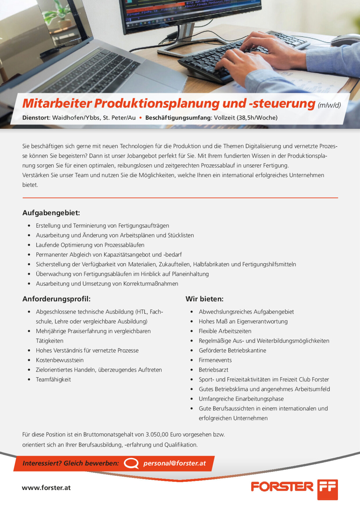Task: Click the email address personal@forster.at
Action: point(174,463)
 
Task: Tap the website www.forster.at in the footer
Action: point(46,488)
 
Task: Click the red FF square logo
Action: point(327,490)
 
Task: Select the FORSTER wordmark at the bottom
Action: point(282,487)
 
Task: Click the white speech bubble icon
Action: point(131,463)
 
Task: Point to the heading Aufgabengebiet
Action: point(51,213)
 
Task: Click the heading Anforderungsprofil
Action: point(57,299)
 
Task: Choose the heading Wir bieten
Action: point(205,299)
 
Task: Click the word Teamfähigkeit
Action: point(53,379)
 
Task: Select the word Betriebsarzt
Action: point(213,370)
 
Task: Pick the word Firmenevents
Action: point(215,360)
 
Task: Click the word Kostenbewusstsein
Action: point(60,360)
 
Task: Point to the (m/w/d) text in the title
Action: point(329,105)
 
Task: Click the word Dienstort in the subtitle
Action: point(36,118)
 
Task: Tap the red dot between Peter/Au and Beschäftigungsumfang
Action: point(141,118)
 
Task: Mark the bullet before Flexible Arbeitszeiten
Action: point(192,331)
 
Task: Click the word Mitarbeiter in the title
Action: point(57,103)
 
